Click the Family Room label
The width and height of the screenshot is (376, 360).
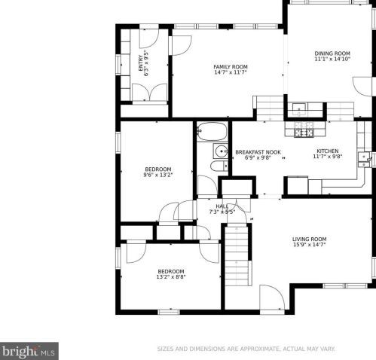(x=230, y=67)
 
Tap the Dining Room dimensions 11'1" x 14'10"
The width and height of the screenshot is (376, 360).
(x=332, y=59)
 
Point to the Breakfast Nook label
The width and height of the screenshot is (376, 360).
(x=258, y=151)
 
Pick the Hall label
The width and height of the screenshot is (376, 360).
(x=222, y=206)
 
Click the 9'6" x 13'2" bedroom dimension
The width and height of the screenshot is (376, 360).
(x=158, y=175)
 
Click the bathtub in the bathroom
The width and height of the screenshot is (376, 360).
(x=212, y=132)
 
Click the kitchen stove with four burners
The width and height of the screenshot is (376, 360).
(x=304, y=133)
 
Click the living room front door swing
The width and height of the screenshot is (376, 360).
(x=271, y=297)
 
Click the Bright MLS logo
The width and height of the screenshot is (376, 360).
(x=29, y=350)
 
